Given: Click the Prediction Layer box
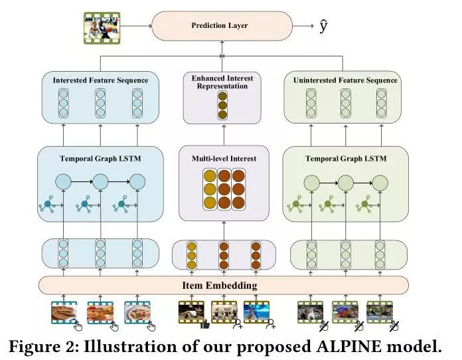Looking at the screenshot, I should [221, 26].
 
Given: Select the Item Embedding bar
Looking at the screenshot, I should [224, 286].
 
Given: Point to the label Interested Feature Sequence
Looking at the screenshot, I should [100, 80].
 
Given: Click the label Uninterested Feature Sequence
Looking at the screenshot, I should [345, 80].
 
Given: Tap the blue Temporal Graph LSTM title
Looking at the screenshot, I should [100, 159].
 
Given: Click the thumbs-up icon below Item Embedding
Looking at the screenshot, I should [204, 325].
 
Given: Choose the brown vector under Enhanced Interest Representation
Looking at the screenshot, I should [223, 105].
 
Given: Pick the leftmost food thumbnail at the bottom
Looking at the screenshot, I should [64, 312].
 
